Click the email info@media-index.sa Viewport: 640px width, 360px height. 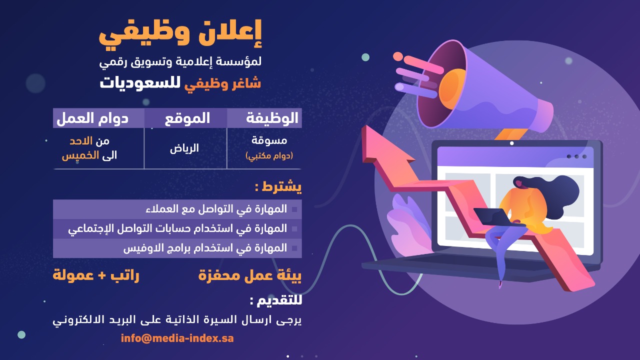pos(177,338)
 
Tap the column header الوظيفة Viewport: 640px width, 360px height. pos(272,118)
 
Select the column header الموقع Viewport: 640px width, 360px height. pos(187,118)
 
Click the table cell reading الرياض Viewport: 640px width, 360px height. pos(184,148)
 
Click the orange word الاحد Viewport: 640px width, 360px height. pos(81,141)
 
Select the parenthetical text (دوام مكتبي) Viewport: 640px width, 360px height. pos(269,156)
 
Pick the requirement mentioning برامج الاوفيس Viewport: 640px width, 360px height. pos(205,248)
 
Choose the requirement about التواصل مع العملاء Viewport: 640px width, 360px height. pos(215,209)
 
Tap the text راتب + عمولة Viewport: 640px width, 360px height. pos(96,275)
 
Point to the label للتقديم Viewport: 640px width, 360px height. pos(276,301)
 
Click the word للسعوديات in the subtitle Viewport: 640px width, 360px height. pos(140,82)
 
